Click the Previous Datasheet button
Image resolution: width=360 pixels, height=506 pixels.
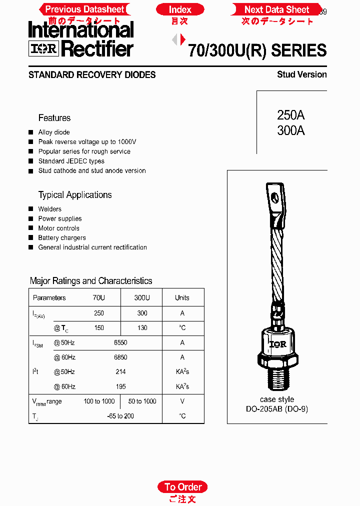[x=84, y=9]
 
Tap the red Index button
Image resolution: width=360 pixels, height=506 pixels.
[x=180, y=9]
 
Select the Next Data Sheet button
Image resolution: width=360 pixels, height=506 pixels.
[x=276, y=9]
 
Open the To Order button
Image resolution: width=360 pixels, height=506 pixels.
[x=183, y=487]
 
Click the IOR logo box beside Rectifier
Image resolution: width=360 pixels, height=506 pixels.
[x=44, y=48]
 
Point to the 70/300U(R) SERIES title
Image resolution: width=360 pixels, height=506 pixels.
[x=257, y=50]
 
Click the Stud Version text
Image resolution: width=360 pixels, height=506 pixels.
[x=301, y=74]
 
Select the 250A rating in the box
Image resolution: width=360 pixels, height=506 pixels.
[x=290, y=115]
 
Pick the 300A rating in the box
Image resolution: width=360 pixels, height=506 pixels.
[x=290, y=131]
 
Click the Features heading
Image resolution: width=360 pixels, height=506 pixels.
[x=54, y=118]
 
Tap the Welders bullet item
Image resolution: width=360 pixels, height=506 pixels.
[x=50, y=209]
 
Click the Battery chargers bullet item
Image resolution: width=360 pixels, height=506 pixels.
[x=62, y=238]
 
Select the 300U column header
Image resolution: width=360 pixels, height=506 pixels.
[x=142, y=298]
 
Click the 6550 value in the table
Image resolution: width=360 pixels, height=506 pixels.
[x=120, y=343]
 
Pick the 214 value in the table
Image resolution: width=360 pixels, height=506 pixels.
[x=120, y=372]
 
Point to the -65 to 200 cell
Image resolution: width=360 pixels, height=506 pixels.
[x=120, y=416]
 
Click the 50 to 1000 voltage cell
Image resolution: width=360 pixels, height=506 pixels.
[x=142, y=401]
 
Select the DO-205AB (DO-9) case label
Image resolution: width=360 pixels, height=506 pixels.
[x=277, y=409]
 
